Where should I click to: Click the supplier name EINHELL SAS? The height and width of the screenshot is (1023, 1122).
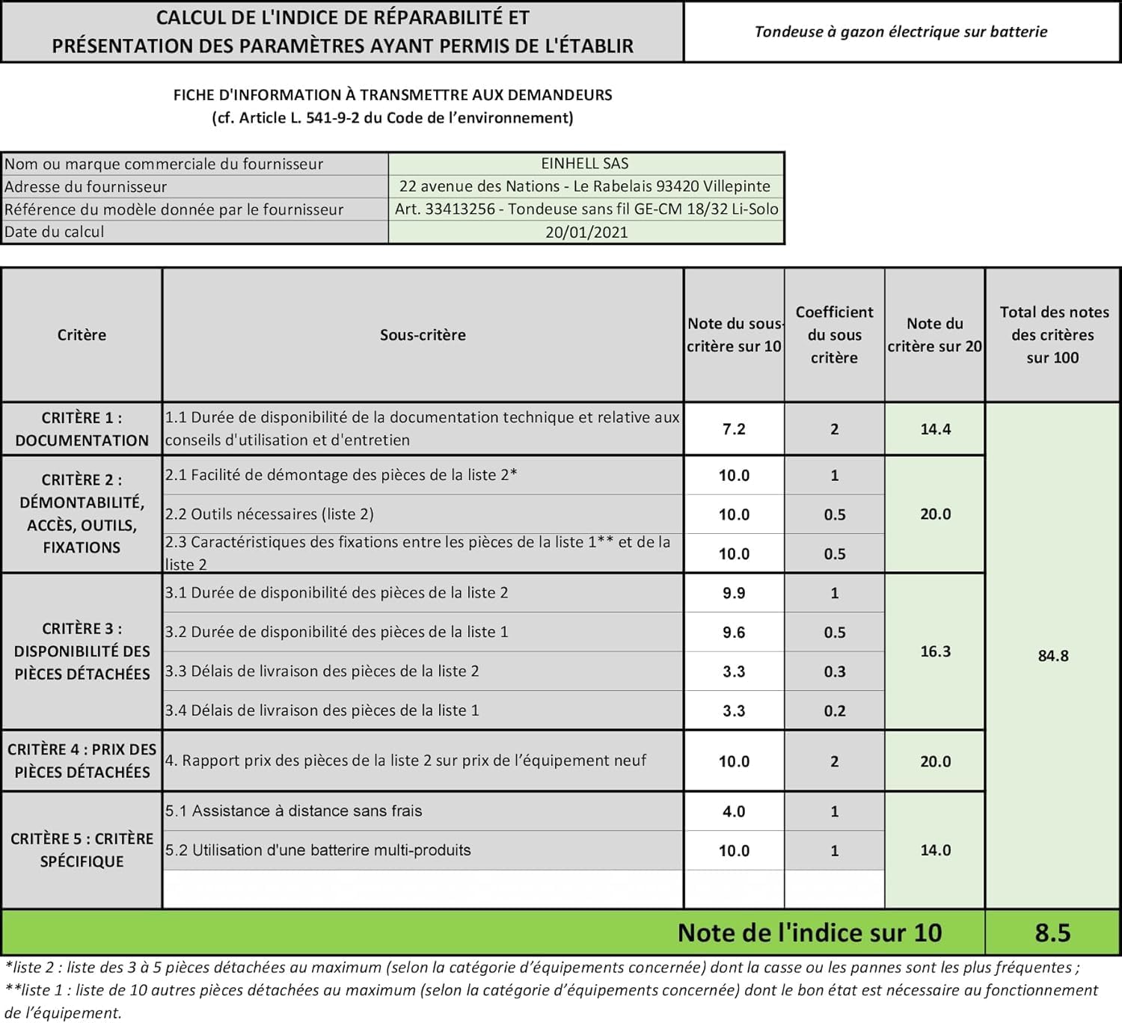[x=585, y=164]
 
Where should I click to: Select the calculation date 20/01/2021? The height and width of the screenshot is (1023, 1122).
[x=586, y=232]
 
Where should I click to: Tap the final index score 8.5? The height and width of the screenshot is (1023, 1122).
[x=1052, y=933]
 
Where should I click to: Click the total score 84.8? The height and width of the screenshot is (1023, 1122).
[x=1052, y=656]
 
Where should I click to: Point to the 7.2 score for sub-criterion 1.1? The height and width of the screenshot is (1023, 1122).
[x=733, y=429]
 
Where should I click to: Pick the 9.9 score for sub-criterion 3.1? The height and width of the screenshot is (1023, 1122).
[x=733, y=593]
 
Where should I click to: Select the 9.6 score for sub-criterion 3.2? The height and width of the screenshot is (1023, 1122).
[x=733, y=633]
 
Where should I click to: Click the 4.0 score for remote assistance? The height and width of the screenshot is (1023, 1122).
[x=733, y=811]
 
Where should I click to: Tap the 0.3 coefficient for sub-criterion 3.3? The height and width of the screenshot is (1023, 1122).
[x=834, y=672]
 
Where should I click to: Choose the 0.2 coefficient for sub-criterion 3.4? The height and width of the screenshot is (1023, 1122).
[x=834, y=711]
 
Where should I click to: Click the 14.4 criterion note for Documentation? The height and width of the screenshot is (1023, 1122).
[x=935, y=429]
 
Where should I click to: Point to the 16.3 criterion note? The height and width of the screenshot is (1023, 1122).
[x=935, y=651]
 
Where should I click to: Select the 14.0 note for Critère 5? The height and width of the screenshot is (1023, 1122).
[x=935, y=850]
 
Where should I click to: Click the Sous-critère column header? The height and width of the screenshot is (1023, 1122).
[x=423, y=335]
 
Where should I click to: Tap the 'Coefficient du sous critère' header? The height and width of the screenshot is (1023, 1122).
[x=834, y=334]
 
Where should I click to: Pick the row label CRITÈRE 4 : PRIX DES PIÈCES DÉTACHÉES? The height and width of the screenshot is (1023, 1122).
[x=82, y=761]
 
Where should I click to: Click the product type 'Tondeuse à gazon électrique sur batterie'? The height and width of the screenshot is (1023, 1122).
[x=901, y=31]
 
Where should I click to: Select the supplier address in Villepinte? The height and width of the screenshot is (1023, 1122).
[x=585, y=186]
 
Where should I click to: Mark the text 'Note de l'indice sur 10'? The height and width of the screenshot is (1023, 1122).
[x=809, y=933]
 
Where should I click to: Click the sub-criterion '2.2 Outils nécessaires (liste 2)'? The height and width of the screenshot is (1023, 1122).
[x=269, y=514]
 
